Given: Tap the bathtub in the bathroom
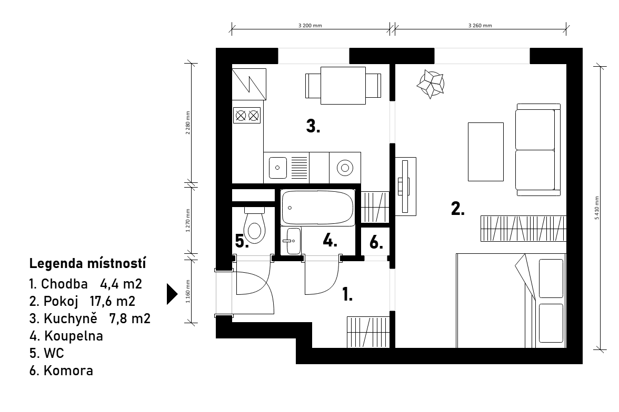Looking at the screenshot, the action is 318,208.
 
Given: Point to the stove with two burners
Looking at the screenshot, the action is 247,116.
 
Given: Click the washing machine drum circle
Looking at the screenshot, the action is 345,168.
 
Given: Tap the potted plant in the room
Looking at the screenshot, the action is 431,84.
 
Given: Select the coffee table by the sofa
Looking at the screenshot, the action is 485,152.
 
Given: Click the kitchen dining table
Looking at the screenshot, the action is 343,86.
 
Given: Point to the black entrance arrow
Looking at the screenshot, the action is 172,294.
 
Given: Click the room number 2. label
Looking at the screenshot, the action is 457,209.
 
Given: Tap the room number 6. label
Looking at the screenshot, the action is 376,242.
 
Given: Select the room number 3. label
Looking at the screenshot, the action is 313,126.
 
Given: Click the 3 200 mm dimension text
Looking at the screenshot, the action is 310,26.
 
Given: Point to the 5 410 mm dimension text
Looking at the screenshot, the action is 597,208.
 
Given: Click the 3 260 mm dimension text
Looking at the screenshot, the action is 480,26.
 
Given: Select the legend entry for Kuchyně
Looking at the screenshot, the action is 90,318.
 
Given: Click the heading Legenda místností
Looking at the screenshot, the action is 87,263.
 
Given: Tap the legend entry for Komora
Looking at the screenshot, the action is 61,370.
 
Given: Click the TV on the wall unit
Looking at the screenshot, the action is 404,186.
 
